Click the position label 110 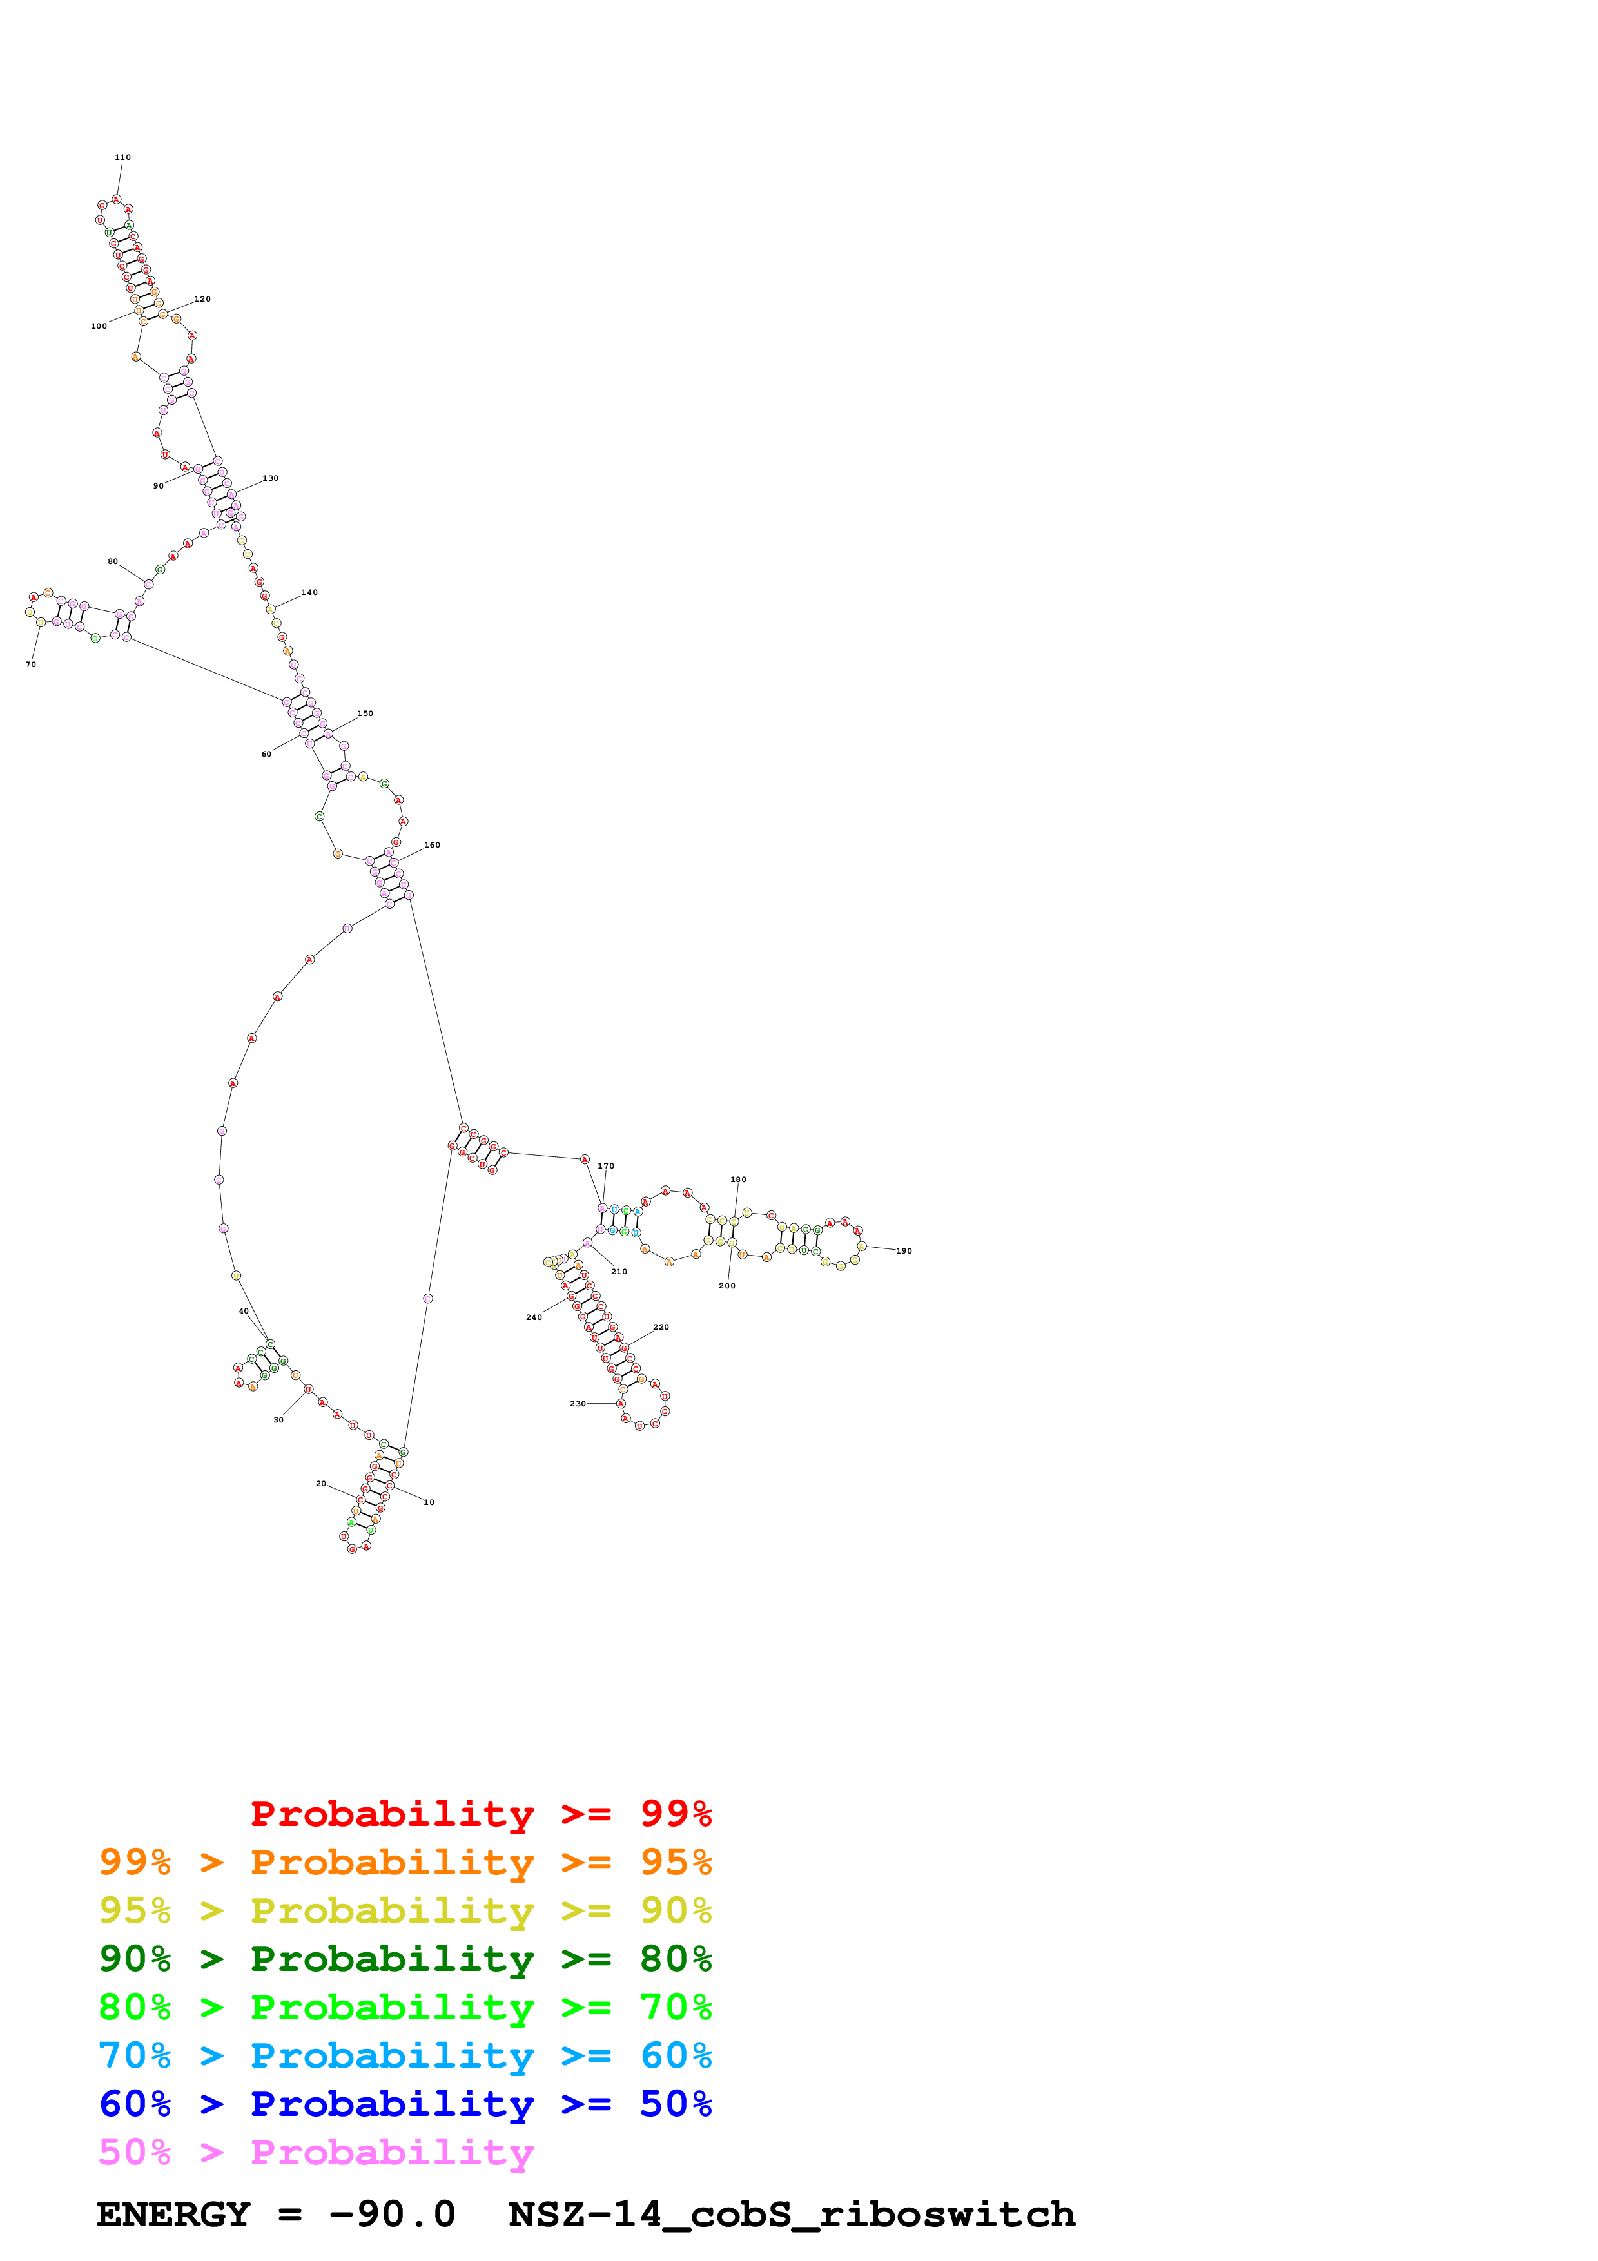(x=122, y=157)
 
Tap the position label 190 (x=904, y=1250)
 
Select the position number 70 (x=30, y=665)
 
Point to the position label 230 (x=578, y=1403)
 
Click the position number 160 (x=433, y=845)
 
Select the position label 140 (x=309, y=593)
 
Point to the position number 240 (x=534, y=1317)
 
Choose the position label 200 (x=726, y=1285)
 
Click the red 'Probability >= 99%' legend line (x=480, y=1813)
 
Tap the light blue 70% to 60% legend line (x=405, y=2055)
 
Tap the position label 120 (x=202, y=299)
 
